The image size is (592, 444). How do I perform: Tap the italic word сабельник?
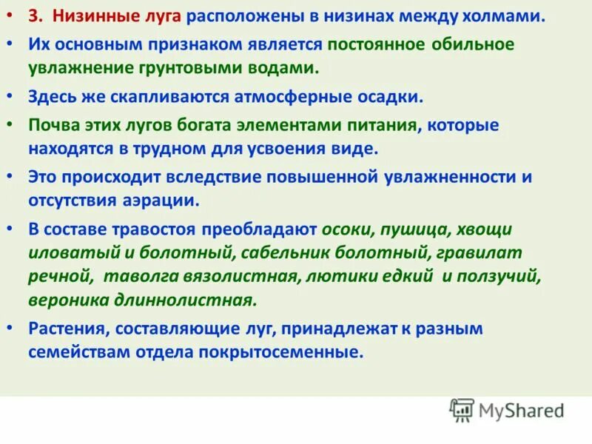pos(287,253)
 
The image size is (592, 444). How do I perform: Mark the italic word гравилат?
pos(487,253)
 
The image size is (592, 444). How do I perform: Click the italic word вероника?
pos(63,300)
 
